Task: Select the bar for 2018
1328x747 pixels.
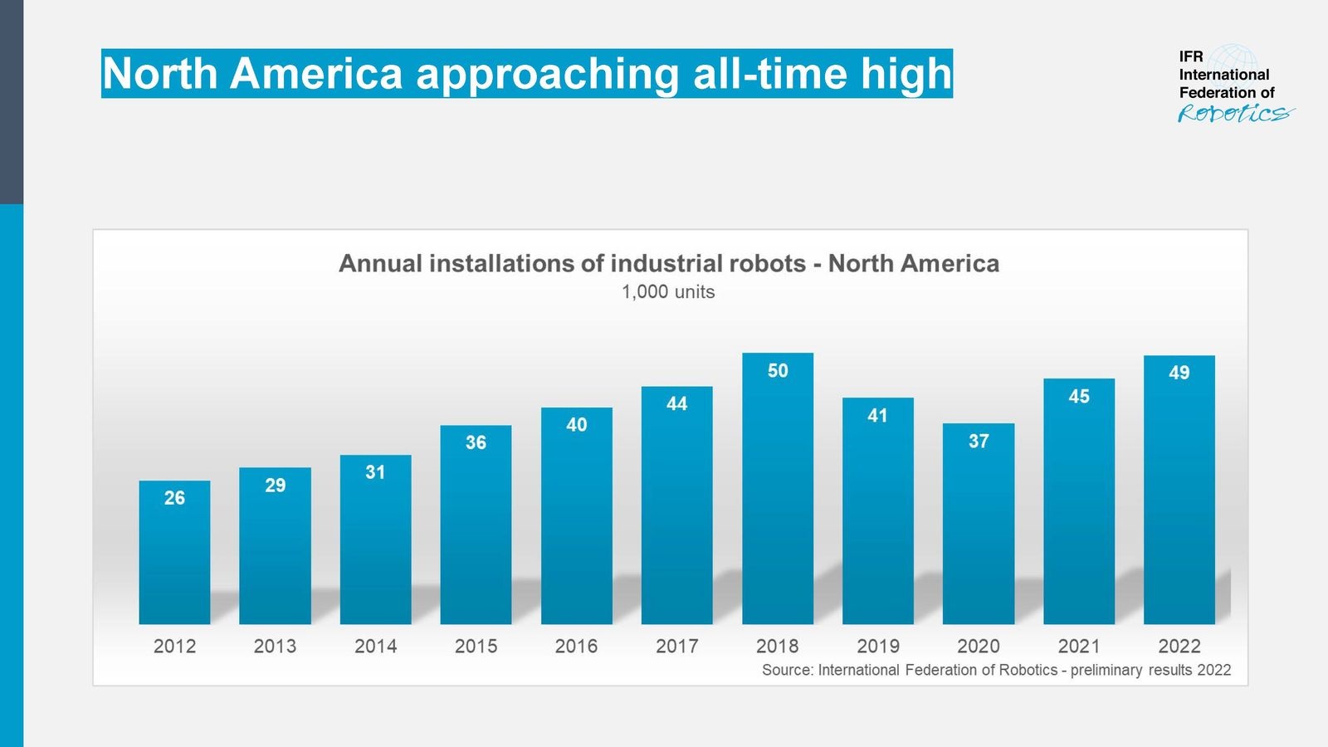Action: coord(778,498)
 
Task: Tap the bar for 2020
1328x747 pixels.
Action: coord(979,531)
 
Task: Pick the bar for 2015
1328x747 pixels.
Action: coord(476,531)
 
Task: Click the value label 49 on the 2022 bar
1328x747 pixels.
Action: coord(1179,373)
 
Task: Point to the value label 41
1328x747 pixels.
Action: coord(877,415)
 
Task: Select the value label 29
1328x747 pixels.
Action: coord(275,485)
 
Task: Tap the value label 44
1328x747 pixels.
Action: coord(676,403)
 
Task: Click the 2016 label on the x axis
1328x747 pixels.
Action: coord(576,646)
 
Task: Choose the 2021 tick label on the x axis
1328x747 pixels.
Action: coord(1079,646)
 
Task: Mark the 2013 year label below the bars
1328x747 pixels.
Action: coord(275,646)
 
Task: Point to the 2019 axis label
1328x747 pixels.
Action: coord(877,646)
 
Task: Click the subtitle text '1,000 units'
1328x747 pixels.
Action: coord(668,292)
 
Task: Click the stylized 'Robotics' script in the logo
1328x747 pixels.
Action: coord(1234,114)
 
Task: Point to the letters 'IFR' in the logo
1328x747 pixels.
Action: coord(1191,56)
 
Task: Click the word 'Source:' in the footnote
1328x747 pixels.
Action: coord(788,670)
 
